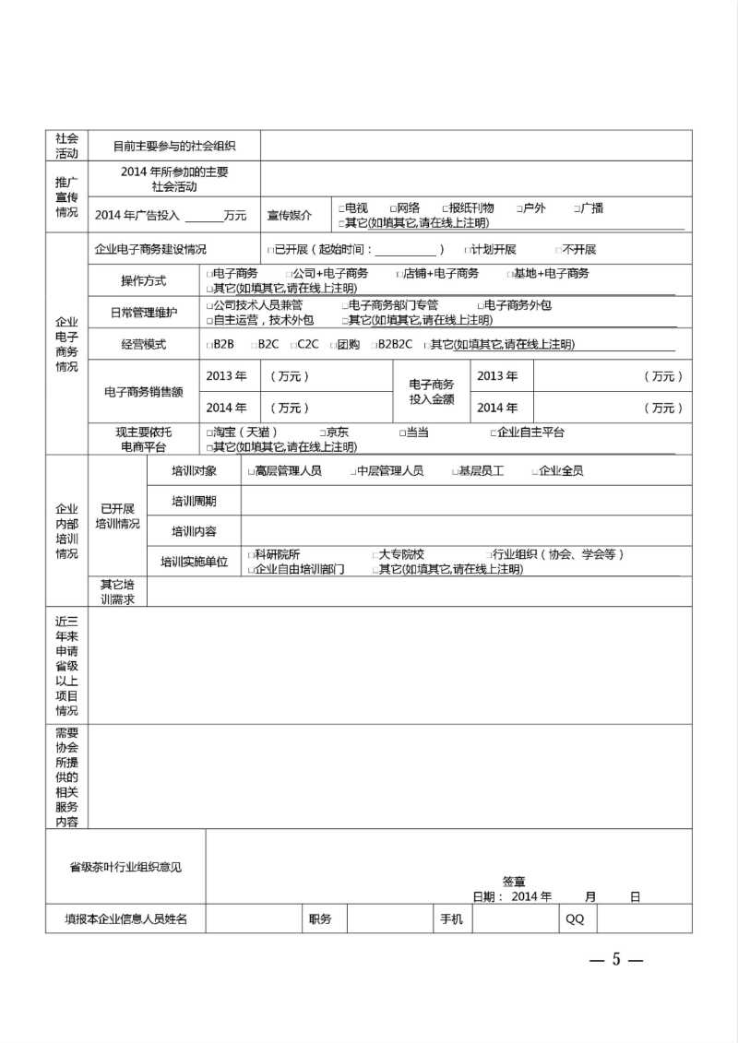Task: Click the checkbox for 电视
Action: point(341,209)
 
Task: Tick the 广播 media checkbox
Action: point(577,209)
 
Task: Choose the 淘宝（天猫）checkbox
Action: point(208,433)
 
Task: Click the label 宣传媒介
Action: point(290,215)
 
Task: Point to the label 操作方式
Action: point(144,280)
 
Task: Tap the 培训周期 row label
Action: point(194,501)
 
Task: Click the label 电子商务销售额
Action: point(143,391)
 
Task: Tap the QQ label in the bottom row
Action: point(575,919)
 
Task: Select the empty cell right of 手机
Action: point(514,919)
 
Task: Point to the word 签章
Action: point(515,882)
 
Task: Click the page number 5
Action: point(615,960)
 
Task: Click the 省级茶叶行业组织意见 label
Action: point(125,867)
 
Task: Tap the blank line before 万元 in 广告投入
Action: point(204,216)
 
